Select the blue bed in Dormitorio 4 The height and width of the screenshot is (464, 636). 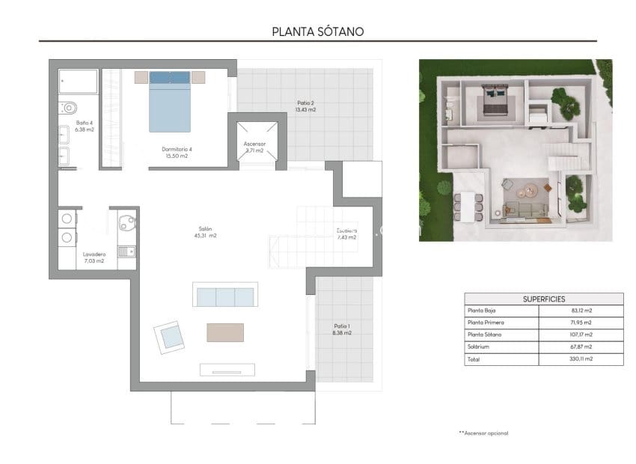[x=171, y=105]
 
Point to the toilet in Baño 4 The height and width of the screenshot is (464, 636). [x=66, y=107]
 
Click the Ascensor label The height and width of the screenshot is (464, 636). [x=254, y=144]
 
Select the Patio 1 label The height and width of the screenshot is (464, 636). [x=341, y=326]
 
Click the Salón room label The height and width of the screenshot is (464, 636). [x=205, y=229]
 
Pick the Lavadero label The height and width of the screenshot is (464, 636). [x=94, y=254]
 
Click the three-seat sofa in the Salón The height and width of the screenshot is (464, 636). [x=225, y=296]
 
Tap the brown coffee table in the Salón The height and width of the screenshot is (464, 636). [x=225, y=332]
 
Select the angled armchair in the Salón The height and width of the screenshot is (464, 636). [x=171, y=337]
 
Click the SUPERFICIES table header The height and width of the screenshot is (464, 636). [x=543, y=299]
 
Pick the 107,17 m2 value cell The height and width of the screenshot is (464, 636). [x=581, y=335]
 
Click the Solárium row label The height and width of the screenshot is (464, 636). [x=479, y=347]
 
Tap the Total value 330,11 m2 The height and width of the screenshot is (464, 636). [x=581, y=359]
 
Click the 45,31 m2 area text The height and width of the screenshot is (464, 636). [x=205, y=236]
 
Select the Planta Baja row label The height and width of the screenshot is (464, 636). [x=482, y=310]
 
